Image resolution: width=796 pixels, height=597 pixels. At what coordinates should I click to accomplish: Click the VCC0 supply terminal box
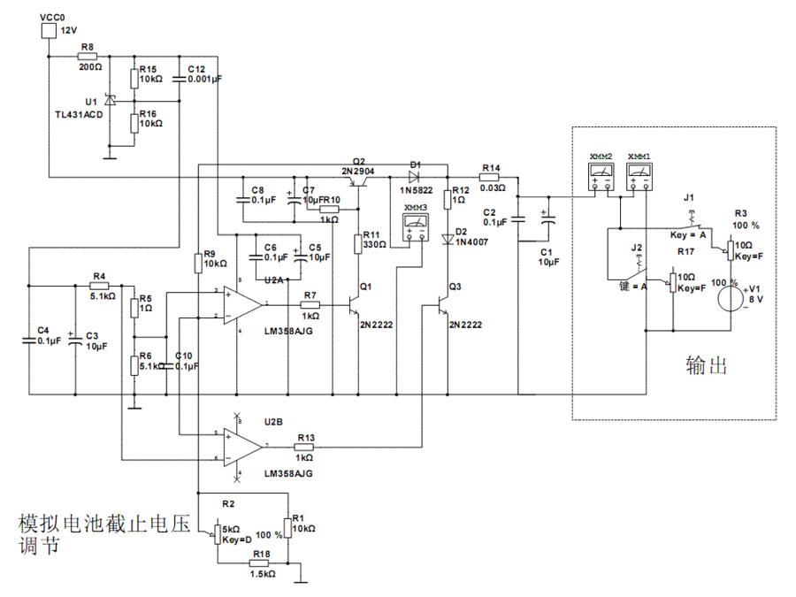pyautogui.click(x=49, y=32)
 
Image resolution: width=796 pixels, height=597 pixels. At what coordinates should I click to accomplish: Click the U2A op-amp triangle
pyautogui.click(x=240, y=305)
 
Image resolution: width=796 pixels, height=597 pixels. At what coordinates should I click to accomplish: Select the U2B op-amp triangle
pyautogui.click(x=240, y=446)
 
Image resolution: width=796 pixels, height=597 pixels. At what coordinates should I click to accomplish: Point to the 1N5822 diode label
pyautogui.click(x=417, y=190)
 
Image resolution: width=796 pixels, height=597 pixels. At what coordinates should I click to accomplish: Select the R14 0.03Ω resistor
pyautogui.click(x=491, y=177)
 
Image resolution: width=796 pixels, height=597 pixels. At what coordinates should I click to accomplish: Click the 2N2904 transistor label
pyautogui.click(x=358, y=167)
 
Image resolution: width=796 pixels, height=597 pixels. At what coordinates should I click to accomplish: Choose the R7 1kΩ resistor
pyautogui.click(x=310, y=305)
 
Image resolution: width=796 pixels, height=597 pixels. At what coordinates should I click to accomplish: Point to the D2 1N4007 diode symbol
pyautogui.click(x=448, y=239)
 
